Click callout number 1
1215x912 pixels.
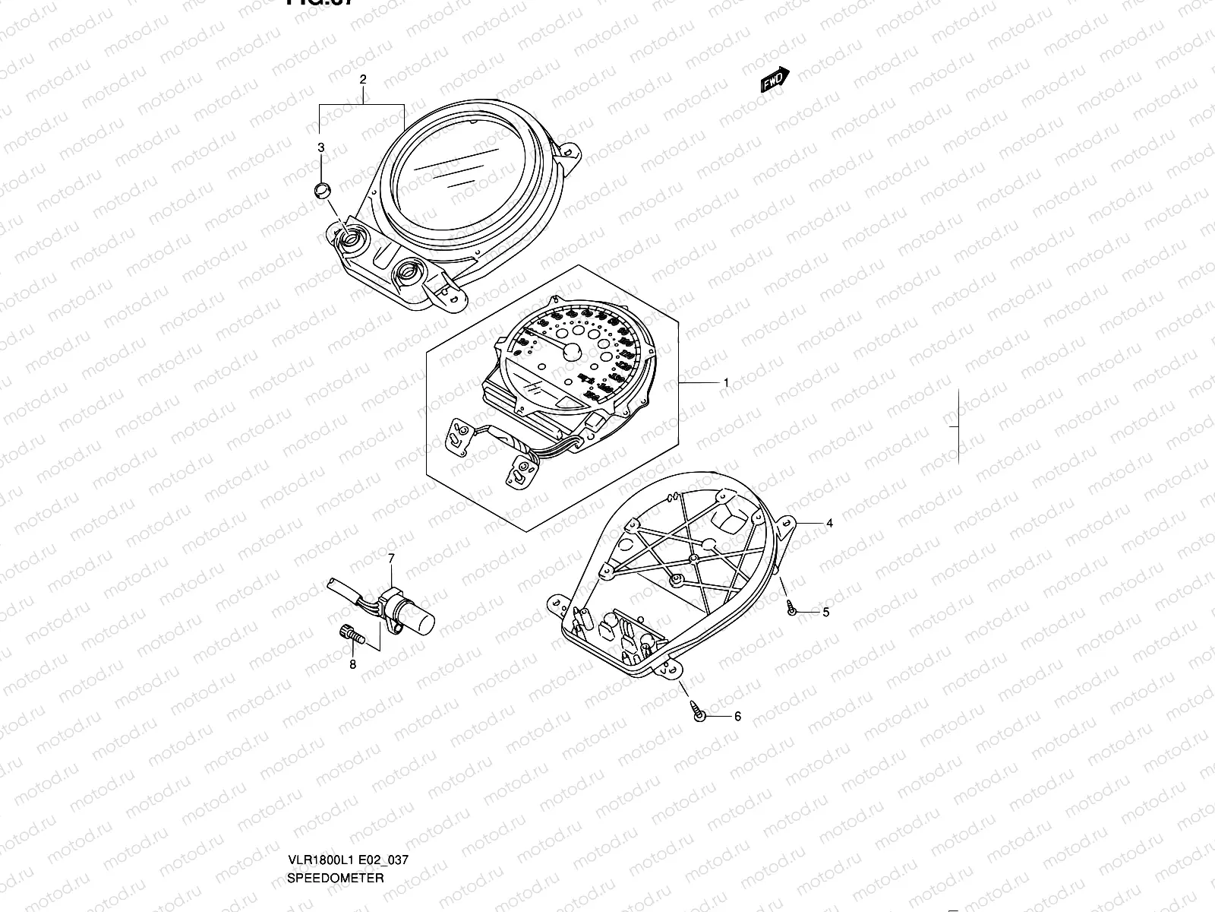point(726,383)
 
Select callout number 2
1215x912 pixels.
point(363,79)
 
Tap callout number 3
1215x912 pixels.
point(321,147)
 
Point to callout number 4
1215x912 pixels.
point(830,523)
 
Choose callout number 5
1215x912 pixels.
point(825,612)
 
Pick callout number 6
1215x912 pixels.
point(737,716)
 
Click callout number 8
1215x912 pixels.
point(352,665)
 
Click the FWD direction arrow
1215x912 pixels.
point(775,79)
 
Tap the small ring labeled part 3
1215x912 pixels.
point(323,188)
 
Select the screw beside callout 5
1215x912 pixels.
point(791,608)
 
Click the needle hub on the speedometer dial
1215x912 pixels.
point(570,351)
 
